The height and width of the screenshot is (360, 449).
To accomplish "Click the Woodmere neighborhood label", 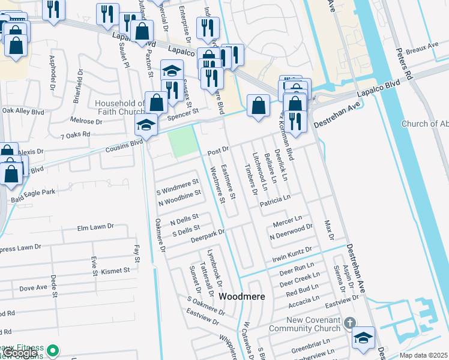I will tap(242, 296).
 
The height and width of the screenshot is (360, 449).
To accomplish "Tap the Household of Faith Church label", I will tap(120, 107).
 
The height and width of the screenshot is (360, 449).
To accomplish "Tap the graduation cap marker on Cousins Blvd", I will tap(145, 125).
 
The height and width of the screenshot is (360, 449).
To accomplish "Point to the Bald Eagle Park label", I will tap(33, 192).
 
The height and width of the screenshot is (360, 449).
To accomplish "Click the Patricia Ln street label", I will tap(275, 197).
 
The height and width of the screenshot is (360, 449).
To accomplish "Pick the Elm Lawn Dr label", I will tap(95, 227).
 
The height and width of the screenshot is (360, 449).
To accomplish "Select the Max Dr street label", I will tap(328, 230).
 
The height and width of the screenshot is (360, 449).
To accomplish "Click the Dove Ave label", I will tap(33, 288).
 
